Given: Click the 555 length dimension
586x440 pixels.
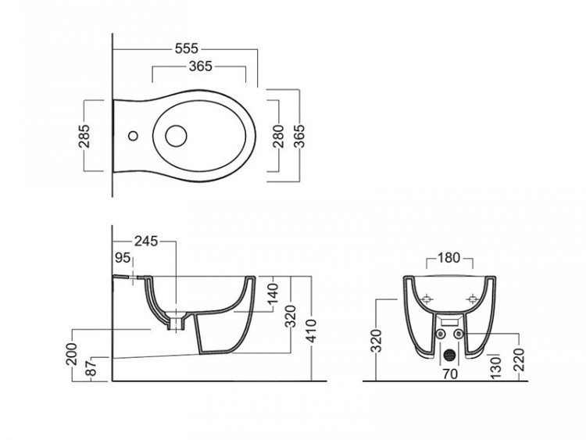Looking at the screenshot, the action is tap(187, 48).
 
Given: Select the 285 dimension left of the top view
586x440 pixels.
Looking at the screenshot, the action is tap(84, 136).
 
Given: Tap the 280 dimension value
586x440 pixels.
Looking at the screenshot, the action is tap(278, 136).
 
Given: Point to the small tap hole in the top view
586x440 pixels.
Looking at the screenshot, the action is tap(133, 136).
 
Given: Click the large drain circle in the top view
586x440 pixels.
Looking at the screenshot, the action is tap(176, 136).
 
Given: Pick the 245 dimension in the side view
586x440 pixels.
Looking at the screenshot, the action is tap(146, 241).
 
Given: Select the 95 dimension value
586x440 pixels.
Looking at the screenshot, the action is tap(123, 258).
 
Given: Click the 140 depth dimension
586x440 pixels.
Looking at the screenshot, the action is tap(273, 293).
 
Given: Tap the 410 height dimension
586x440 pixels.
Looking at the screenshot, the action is tap(311, 331).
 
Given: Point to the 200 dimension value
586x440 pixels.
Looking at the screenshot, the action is tap(71, 354).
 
